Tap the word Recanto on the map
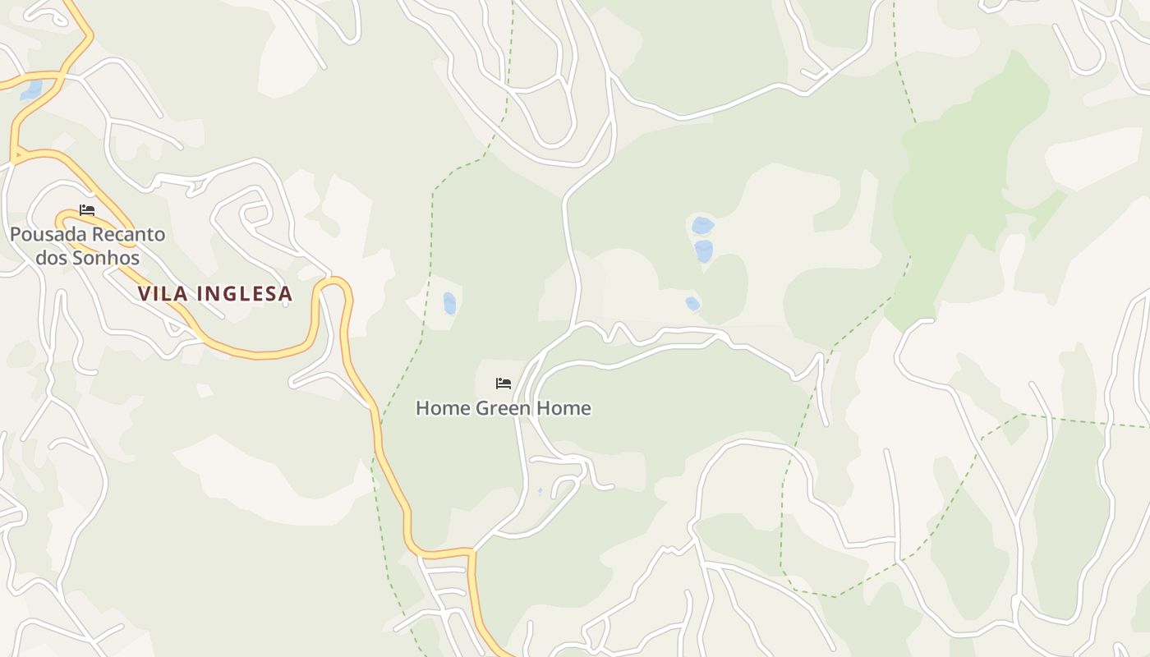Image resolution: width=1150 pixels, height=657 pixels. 128,235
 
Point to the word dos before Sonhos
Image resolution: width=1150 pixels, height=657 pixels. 53,258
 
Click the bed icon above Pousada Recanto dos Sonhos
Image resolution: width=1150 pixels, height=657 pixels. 87,210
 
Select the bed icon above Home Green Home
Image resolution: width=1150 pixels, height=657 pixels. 504,384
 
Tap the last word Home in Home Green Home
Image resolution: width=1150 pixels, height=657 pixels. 566,408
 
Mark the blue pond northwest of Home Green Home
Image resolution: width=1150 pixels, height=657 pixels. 449,304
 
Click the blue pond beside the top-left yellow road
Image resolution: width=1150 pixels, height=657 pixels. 32,90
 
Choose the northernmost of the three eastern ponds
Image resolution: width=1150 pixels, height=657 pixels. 702,225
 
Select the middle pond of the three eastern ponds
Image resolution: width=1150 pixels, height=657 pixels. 704,250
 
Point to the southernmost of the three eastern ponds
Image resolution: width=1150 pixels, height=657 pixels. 692,304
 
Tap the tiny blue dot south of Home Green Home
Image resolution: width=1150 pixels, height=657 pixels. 540,491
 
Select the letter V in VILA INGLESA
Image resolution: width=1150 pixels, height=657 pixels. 144,294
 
